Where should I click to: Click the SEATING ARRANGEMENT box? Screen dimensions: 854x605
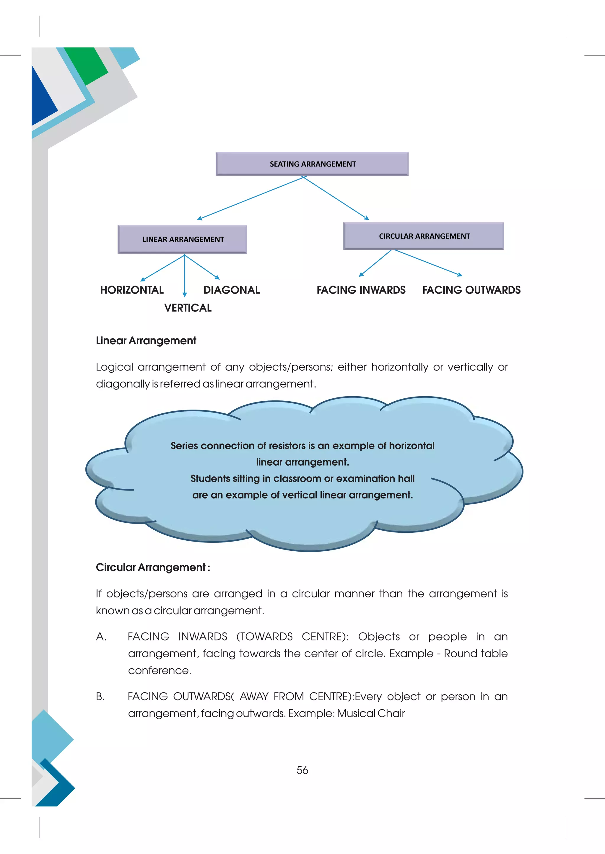(x=312, y=164)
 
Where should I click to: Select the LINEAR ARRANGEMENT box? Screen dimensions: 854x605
(x=183, y=239)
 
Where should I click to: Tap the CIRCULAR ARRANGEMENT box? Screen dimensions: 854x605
(x=424, y=236)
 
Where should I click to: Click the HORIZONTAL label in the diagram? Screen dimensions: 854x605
(x=132, y=290)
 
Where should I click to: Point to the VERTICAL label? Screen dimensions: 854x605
(x=188, y=308)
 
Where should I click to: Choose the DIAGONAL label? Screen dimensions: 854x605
(x=231, y=290)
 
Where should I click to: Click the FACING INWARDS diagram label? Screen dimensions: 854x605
(x=361, y=290)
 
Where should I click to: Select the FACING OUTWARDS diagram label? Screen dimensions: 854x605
(x=471, y=290)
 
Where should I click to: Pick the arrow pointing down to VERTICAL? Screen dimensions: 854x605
(x=185, y=276)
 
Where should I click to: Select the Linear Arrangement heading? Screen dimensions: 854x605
(x=146, y=340)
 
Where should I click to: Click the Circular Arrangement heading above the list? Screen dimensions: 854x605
(x=153, y=567)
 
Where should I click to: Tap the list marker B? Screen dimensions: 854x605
(x=100, y=696)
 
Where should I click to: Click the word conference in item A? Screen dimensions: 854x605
(x=160, y=670)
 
